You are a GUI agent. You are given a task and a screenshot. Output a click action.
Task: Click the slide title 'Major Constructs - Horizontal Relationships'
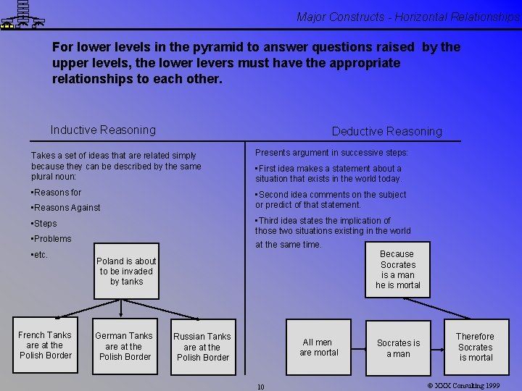coord(408,17)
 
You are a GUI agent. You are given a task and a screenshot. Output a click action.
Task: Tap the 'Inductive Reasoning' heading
coord(103,130)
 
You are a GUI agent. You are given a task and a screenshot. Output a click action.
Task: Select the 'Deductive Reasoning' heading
coord(386,132)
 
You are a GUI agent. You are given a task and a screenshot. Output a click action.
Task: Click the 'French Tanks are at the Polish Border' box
coord(45,345)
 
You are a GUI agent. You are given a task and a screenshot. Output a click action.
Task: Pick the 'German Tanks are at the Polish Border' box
coord(124,346)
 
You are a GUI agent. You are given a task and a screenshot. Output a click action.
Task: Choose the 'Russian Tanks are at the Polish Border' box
coord(203,347)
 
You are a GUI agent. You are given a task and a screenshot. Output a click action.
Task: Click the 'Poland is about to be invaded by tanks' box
coord(125,272)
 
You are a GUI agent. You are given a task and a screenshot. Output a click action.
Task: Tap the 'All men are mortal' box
coord(319,348)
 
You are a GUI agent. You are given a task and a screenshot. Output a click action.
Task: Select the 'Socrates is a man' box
coord(398,348)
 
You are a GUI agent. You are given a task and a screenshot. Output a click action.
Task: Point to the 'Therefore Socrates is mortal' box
coord(475,347)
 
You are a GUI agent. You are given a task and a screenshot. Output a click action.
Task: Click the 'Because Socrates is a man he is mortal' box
coord(397,269)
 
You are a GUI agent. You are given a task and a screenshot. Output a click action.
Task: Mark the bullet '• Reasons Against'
coord(66,208)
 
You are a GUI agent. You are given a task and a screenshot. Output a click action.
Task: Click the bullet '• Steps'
coord(44,224)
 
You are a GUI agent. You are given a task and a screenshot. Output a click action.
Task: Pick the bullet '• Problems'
coord(51,239)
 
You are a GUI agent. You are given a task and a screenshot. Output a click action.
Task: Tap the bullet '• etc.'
coord(40,255)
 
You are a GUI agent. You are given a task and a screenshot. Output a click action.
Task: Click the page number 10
coord(261,387)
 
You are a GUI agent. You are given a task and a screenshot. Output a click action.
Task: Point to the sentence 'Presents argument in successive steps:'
coord(331,153)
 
